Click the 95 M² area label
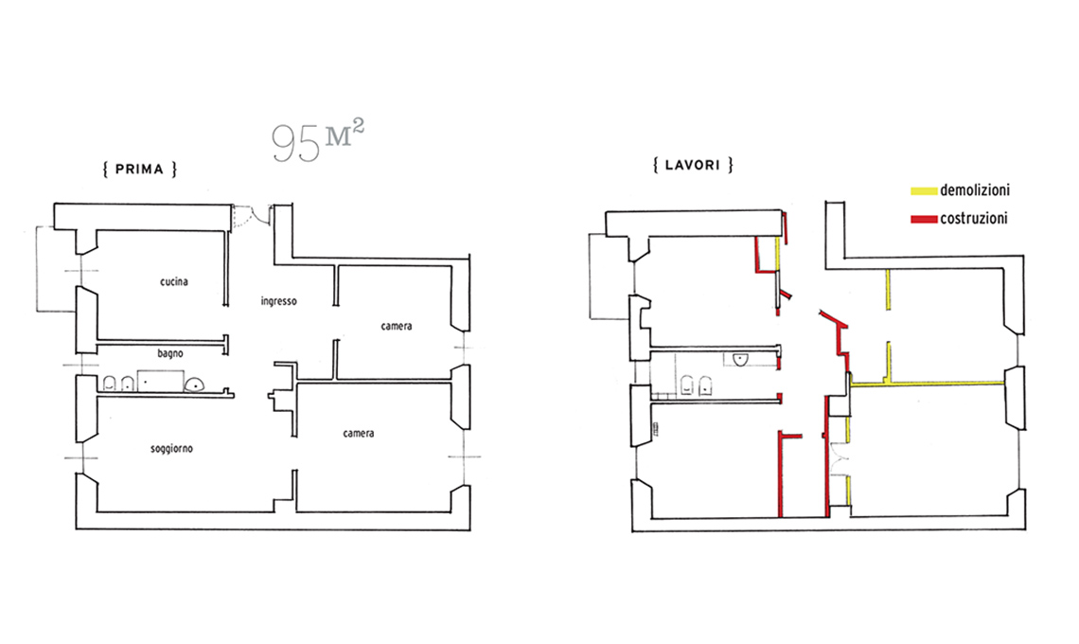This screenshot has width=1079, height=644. [x=317, y=141]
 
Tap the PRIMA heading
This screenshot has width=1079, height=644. [x=140, y=170]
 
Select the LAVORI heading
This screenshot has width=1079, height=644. [x=692, y=166]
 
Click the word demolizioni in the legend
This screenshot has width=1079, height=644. [x=974, y=190]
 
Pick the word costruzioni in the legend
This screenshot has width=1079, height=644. [x=974, y=219]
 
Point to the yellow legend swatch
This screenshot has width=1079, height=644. [x=924, y=190]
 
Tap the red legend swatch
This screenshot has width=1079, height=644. [x=924, y=219]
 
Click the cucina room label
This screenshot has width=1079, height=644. [x=174, y=281]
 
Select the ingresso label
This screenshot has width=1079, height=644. [x=278, y=301]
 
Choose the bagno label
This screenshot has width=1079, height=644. [x=170, y=353]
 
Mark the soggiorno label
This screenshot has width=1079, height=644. [x=171, y=449]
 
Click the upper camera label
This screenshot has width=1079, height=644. [x=397, y=326]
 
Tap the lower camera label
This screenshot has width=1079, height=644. [x=359, y=433]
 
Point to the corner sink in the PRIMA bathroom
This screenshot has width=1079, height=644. [x=196, y=385]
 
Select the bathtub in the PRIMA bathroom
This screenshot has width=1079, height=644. [x=160, y=380]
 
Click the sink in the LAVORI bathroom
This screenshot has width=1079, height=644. [x=741, y=359]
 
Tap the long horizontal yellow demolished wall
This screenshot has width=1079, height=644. [x=927, y=383]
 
